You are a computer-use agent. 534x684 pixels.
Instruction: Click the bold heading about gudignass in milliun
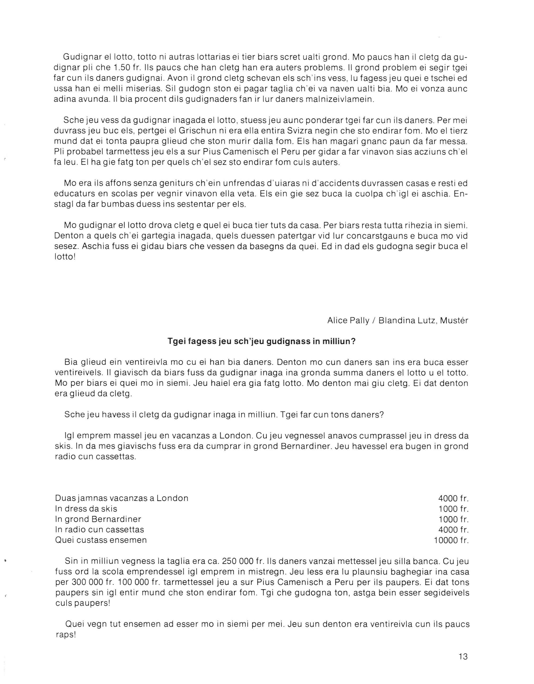click(x=262, y=341)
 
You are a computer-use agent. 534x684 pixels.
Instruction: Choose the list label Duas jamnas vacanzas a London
click(x=122, y=498)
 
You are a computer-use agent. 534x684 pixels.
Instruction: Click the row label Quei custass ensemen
click(x=101, y=540)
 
